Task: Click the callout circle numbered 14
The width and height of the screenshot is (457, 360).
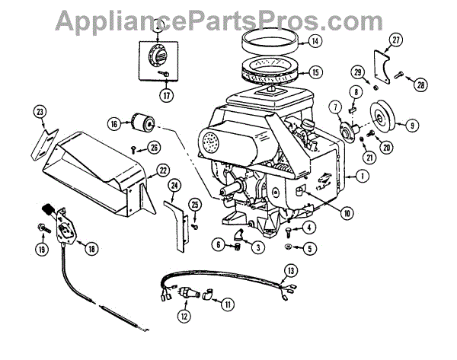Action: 315,42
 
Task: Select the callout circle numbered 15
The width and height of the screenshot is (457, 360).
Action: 315,74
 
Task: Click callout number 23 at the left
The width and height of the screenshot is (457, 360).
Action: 40,113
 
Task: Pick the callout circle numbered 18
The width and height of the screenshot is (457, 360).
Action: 91,248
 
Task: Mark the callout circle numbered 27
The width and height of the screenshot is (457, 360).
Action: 395,40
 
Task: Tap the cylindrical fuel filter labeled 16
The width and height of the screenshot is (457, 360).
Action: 141,123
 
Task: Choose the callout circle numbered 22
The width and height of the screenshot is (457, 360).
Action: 164,170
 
